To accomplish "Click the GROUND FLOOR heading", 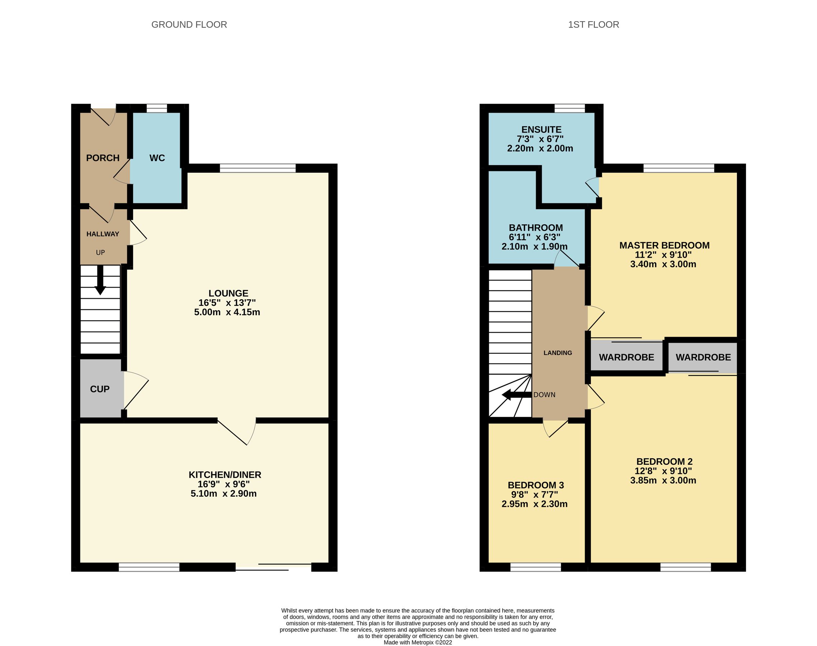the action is pos(189,25).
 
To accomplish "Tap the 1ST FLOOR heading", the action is pos(593,25).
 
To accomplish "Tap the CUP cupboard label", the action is pos(100,389).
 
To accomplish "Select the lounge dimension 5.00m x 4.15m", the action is pos(227,312).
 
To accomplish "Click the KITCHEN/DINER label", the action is pos(225,475).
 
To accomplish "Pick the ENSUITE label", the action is pos(542,129).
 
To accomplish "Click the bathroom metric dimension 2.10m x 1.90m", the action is pos(534,247).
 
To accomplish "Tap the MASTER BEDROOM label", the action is pos(664,245).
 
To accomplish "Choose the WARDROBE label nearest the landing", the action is pos(626,357).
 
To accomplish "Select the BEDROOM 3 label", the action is pos(536,485).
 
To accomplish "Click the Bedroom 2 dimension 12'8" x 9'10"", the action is pos(663,471).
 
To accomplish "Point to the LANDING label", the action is pos(558,353).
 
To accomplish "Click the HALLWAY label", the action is pos(103,234).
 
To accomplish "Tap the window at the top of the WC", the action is pos(157,108).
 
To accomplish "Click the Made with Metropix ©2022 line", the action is pos(418,642).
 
